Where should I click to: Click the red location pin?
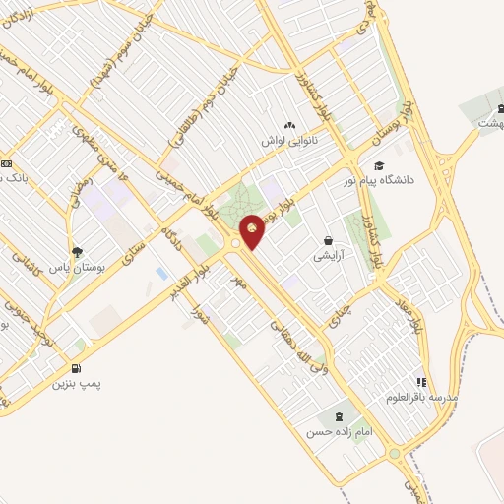tap(252, 230)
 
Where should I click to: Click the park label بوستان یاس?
tap(78, 266)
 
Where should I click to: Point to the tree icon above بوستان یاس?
tap(78, 251)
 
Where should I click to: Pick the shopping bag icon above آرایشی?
tap(328, 240)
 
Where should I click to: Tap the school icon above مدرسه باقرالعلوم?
tap(421, 381)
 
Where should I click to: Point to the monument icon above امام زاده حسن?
tap(341, 415)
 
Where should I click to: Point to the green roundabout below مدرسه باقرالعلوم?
tap(394, 454)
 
